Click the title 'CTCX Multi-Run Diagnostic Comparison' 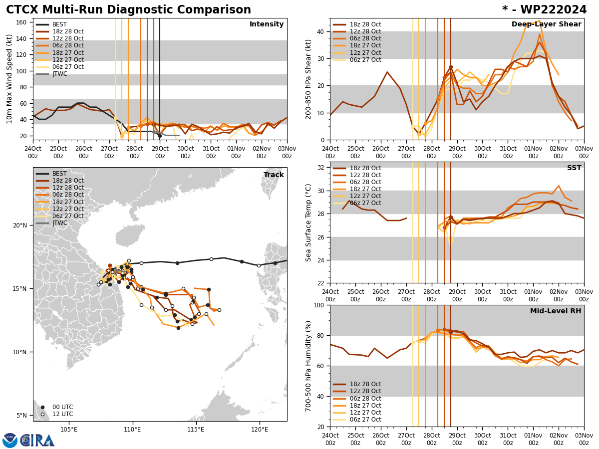[x=128, y=10]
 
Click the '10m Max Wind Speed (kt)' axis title [x=9, y=79]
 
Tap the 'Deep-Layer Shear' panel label [x=546, y=24]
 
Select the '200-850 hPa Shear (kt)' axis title [x=308, y=79]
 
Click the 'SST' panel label [x=574, y=168]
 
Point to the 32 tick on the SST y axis [x=321, y=168]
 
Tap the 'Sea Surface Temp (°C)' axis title [x=308, y=223]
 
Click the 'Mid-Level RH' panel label [x=556, y=311]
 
